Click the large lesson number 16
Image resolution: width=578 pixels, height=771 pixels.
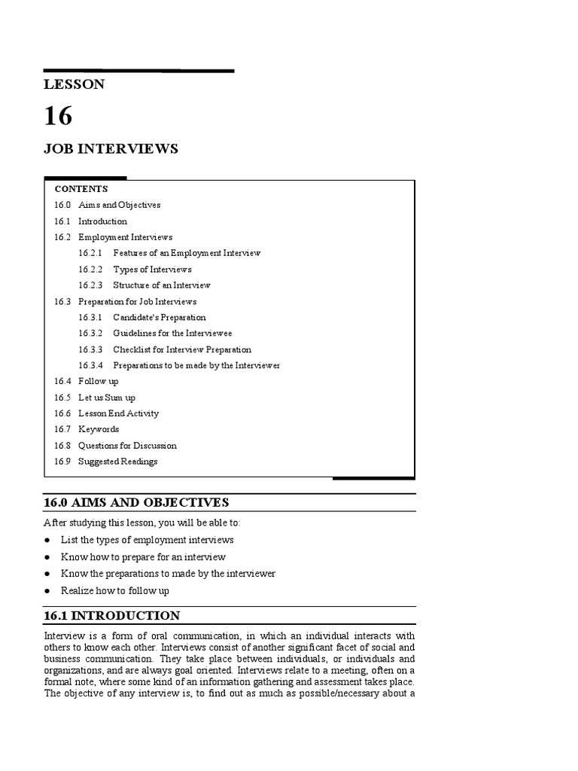[59, 116]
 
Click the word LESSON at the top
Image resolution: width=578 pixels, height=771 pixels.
[75, 84]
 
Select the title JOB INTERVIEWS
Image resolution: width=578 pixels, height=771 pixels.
[111, 149]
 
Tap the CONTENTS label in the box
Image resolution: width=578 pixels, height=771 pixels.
[81, 189]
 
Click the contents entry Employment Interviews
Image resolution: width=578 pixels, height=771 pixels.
[125, 237]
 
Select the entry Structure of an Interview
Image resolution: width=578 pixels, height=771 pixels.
[162, 285]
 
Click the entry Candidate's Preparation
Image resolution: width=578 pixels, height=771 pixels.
[159, 318]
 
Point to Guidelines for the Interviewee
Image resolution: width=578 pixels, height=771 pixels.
[172, 334]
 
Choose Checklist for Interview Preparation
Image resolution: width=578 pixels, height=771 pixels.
[182, 349]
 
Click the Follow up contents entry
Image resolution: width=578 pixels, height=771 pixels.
[99, 382]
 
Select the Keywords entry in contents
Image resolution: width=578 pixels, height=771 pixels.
[99, 429]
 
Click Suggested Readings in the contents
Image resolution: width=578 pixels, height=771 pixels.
[118, 462]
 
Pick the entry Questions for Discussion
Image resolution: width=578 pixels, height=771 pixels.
[127, 446]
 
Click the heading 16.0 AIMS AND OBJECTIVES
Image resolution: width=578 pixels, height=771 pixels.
[136, 502]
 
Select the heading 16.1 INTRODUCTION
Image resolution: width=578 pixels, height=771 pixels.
[112, 616]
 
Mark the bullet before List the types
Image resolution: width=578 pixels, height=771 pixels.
[47, 541]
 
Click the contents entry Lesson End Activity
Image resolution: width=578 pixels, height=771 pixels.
[118, 413]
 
